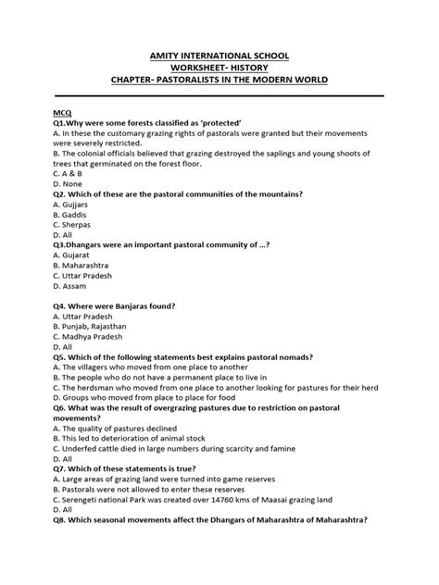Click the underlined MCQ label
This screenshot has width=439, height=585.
click(64, 110)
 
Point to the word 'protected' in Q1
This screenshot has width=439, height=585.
click(194, 122)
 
